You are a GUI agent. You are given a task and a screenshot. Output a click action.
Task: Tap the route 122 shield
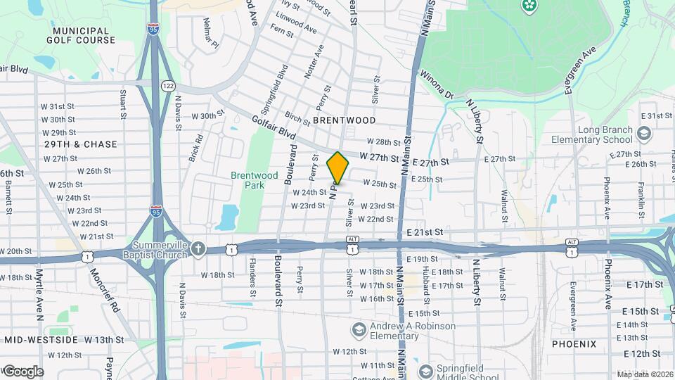click(x=168, y=85)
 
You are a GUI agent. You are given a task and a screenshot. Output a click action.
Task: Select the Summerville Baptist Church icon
click(x=199, y=248)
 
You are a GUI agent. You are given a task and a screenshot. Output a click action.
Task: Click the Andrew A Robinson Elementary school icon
click(x=359, y=330)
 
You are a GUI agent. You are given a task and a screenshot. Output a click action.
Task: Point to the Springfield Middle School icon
click(x=425, y=371)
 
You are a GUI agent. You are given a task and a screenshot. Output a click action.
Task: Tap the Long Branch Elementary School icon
click(x=642, y=134)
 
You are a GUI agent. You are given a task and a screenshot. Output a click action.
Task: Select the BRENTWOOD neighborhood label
click(x=345, y=120)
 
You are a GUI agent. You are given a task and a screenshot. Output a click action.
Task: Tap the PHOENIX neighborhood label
click(x=574, y=344)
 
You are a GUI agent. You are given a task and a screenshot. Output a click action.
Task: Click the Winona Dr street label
click(x=437, y=84)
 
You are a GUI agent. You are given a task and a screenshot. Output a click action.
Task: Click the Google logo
click(x=22, y=371)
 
